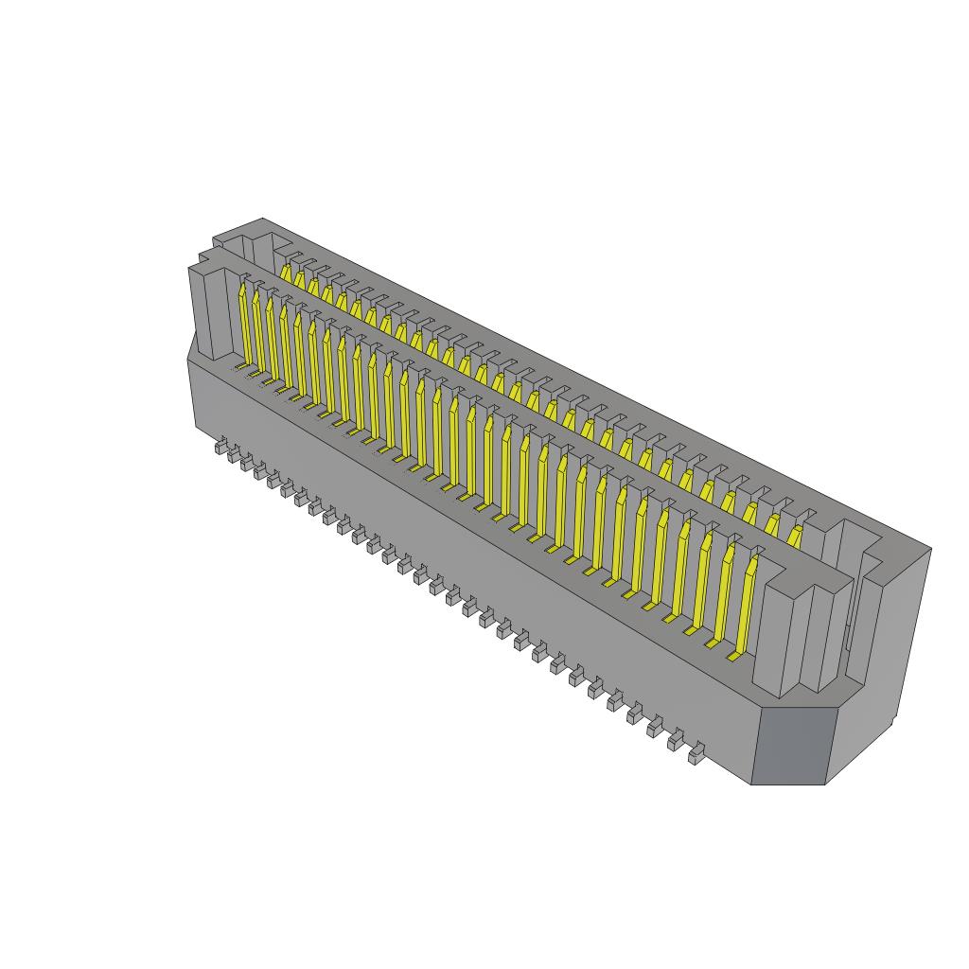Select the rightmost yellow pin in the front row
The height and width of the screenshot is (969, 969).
pos(748,606)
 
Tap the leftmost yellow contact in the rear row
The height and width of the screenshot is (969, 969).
pos(285,273)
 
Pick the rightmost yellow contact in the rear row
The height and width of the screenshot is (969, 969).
pos(795,536)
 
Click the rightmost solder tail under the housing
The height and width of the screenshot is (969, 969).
pos(696,755)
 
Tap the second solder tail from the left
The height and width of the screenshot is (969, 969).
pos(233,455)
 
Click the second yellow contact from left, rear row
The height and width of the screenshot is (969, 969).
pos(300,279)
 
